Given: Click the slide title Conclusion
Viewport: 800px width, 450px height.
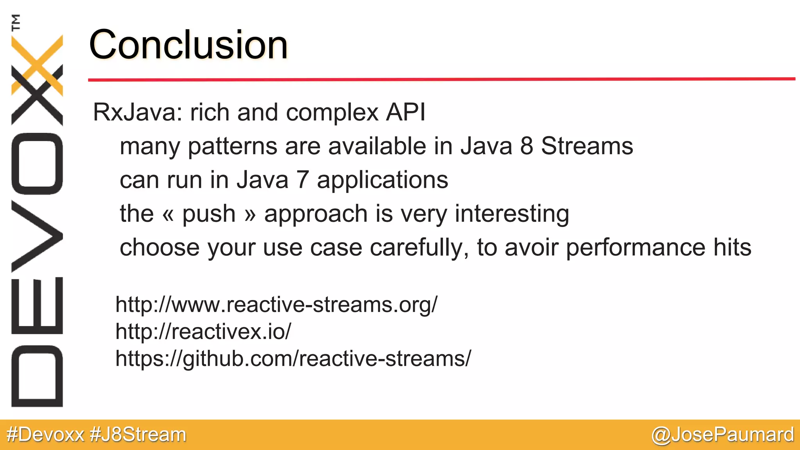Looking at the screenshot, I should click(x=188, y=45).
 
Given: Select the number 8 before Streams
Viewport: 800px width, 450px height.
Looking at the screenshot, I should click(x=527, y=146).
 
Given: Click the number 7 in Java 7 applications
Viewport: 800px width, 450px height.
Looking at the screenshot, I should click(x=302, y=180).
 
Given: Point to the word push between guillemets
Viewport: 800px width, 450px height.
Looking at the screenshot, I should click(x=209, y=214).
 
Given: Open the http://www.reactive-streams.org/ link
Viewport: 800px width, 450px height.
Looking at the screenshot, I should click(x=277, y=305).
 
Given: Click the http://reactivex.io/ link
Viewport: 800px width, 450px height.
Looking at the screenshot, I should click(x=203, y=332).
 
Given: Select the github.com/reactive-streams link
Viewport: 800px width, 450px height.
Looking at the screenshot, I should click(x=293, y=359).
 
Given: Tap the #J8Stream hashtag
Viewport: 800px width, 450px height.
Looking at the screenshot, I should click(x=138, y=435).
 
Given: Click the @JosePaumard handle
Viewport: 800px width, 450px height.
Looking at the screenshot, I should click(x=723, y=435).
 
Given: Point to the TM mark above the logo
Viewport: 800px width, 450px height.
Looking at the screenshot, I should click(x=16, y=22).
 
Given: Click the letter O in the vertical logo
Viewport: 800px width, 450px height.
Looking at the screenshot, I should click(x=37, y=164).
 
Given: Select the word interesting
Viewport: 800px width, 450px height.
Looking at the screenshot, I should click(x=512, y=214).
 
